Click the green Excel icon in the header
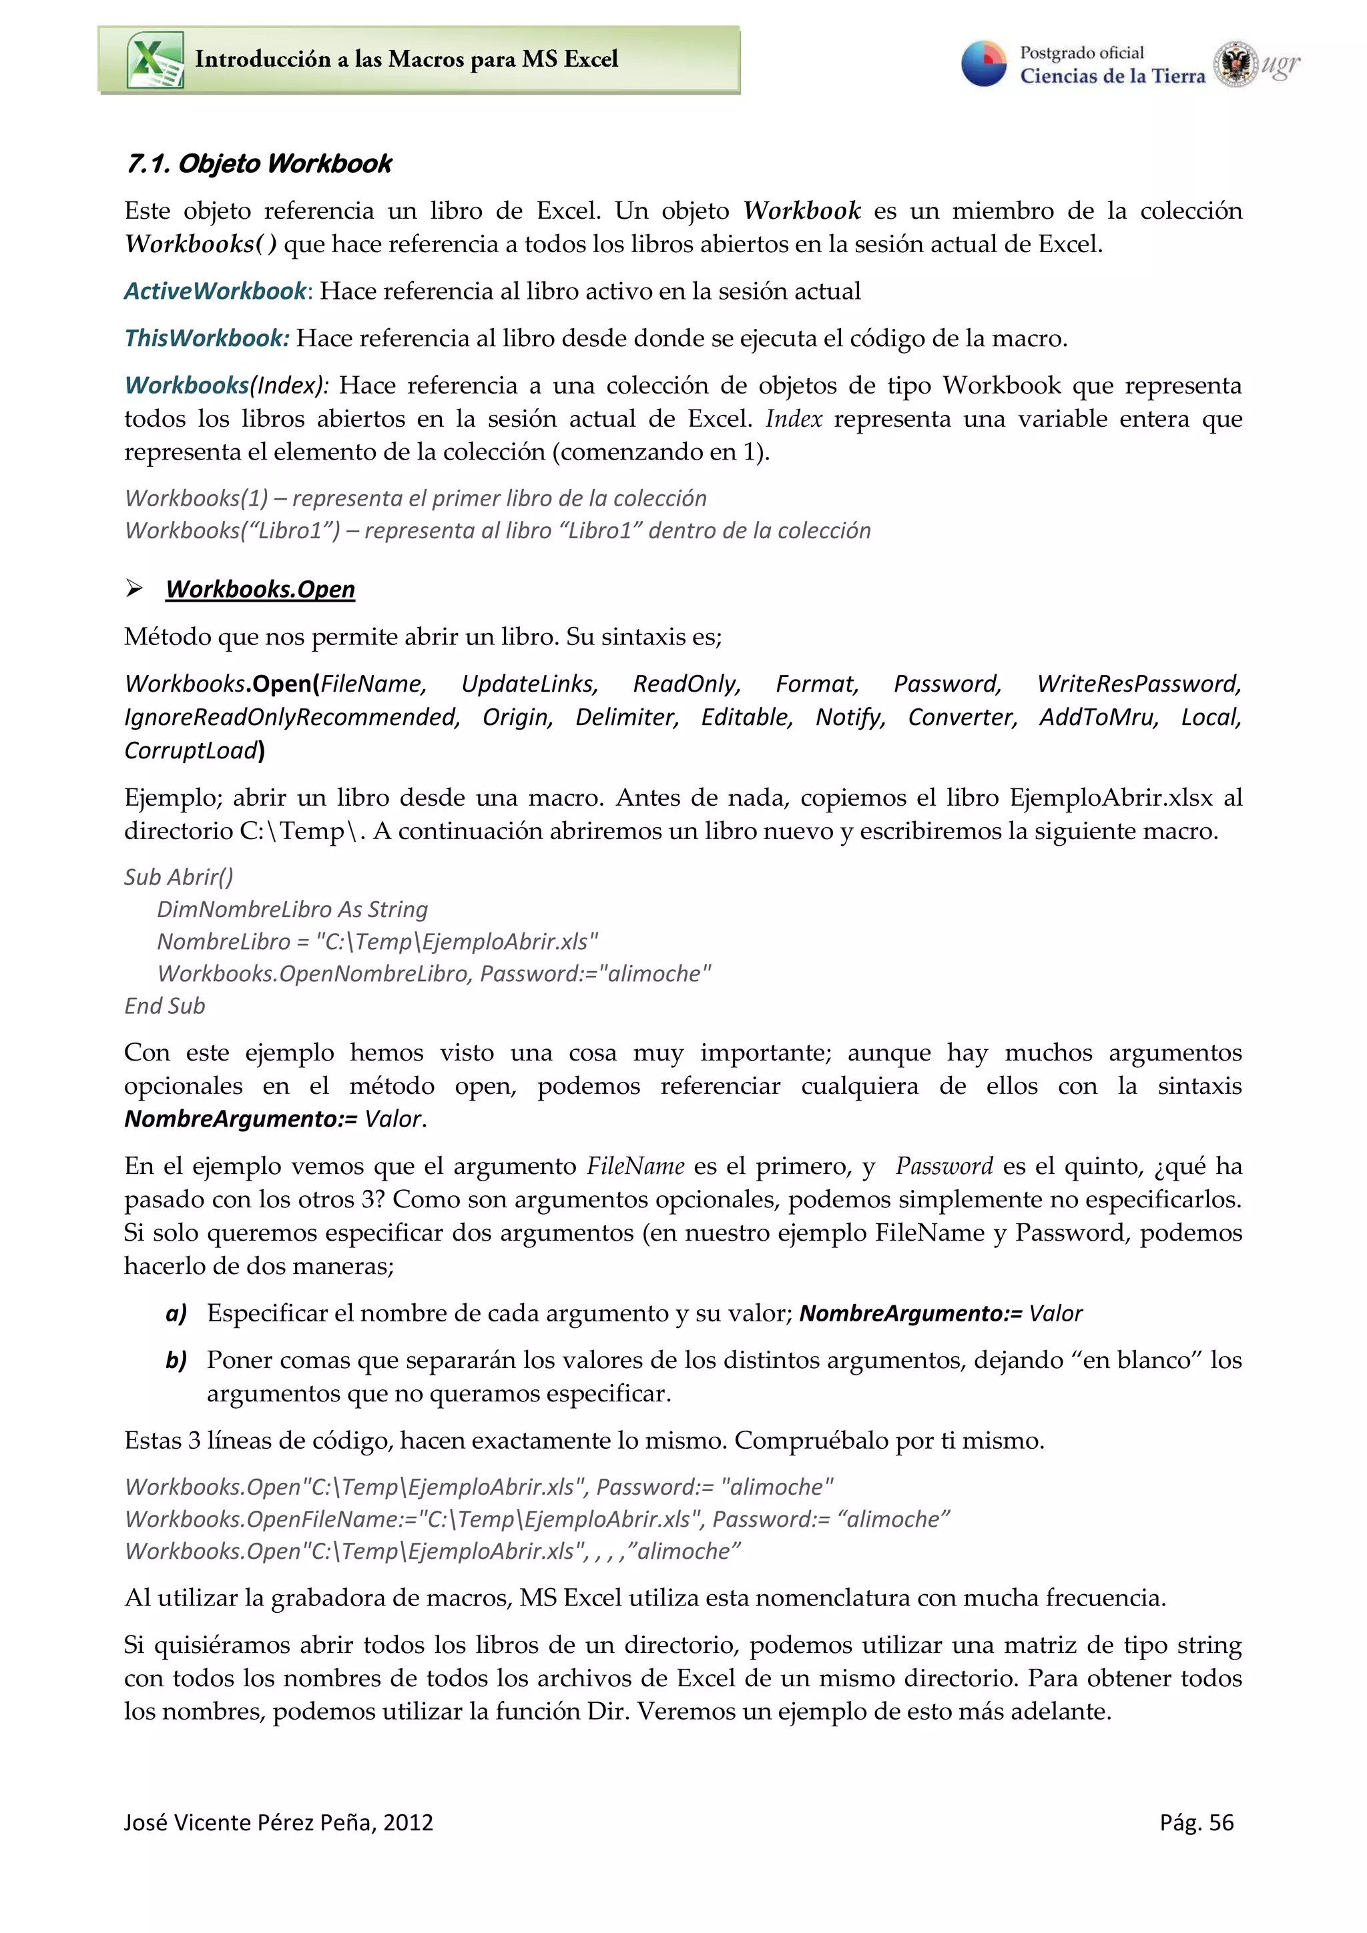pos(155,60)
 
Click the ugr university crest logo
pos(1235,64)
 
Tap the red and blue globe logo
pos(984,64)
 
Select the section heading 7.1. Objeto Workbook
pos(258,163)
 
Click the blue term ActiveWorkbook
pos(216,291)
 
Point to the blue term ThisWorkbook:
pos(206,338)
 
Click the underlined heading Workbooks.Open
pos(260,590)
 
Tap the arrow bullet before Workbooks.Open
pos(134,588)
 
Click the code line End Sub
pos(164,1006)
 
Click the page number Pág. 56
pos(1196,1823)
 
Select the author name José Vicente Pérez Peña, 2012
pos(278,1823)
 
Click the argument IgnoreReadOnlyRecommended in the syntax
pos(292,717)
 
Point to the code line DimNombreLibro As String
pos(292,909)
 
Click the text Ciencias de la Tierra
pos(1112,77)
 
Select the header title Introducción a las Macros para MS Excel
pos(406,59)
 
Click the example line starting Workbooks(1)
pos(415,498)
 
